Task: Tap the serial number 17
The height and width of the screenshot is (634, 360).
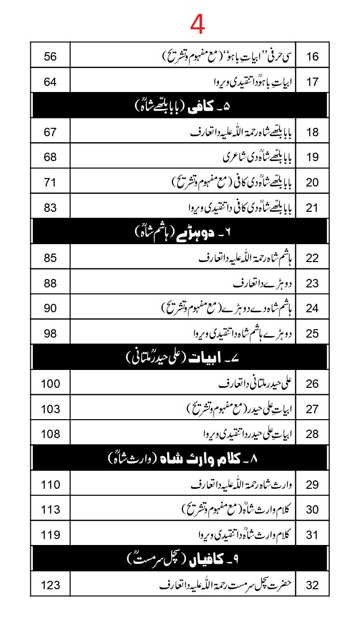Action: coord(312,82)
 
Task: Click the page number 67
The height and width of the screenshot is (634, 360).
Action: coord(50,132)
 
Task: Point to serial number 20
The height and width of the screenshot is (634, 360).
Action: coord(312,182)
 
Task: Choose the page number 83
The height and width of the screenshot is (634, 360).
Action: coord(50,208)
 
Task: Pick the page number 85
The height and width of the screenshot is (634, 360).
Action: coord(50,258)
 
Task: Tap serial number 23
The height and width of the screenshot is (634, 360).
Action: coord(312,283)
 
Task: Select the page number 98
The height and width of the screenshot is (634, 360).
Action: coord(50,333)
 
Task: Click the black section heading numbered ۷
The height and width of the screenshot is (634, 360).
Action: coord(180,358)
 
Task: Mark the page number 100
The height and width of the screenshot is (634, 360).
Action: coord(50,383)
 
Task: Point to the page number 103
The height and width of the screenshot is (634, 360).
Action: coord(50,409)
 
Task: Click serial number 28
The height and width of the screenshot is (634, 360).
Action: coord(312,434)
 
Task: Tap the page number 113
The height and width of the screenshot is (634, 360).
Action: coord(50,510)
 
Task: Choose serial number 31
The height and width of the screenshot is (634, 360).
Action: coord(312,535)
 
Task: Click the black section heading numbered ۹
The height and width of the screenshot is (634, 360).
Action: coord(180,559)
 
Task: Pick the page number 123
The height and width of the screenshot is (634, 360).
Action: coord(50,585)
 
